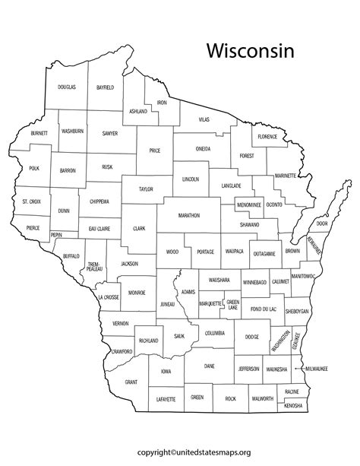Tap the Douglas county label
67,87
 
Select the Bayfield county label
105,87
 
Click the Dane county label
210,366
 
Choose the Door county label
322,223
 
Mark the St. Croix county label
31,201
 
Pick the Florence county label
267,137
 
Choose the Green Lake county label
233,305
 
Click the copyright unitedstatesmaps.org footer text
180,452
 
